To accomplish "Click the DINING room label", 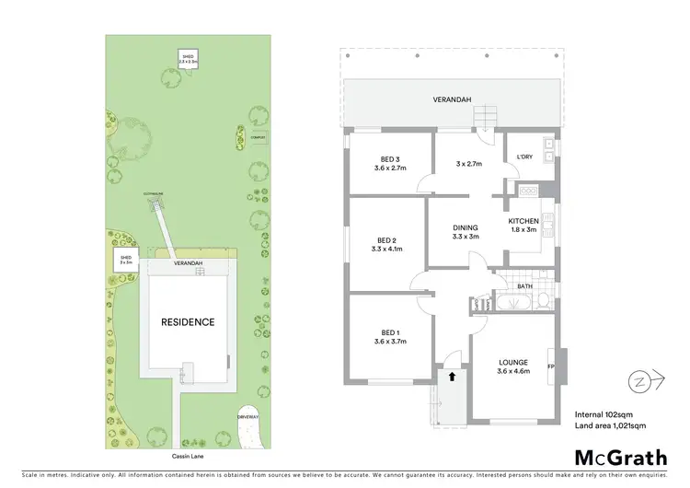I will [466, 227].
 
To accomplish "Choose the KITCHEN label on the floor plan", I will [525, 222].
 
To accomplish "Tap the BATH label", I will [525, 287].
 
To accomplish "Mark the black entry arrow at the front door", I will [451, 376].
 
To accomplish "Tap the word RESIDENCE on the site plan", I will [188, 322].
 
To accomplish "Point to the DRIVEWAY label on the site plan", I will [248, 417].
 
